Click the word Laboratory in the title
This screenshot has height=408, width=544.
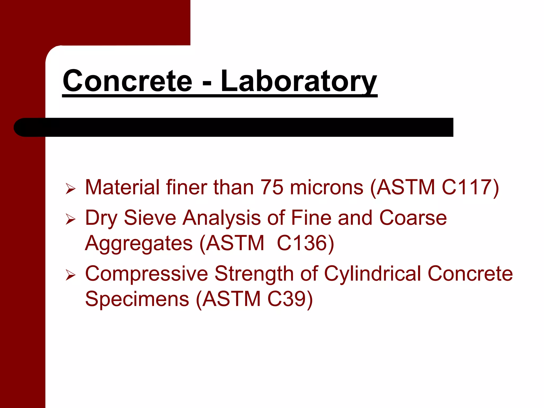coord(299,81)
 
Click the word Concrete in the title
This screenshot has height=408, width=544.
coord(127,81)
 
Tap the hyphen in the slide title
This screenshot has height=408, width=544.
coord(207,83)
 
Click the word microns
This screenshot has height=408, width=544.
coord(326,188)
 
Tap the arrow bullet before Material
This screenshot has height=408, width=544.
coord(70,189)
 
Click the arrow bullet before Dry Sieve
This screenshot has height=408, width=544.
coord(70,219)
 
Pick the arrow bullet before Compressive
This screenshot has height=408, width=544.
coord(70,275)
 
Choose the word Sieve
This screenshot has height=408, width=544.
coord(150,218)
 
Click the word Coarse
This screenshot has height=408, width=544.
coord(413,218)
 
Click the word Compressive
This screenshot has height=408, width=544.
coord(146,274)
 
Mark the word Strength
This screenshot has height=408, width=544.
coord(254,274)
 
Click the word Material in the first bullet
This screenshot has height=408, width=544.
coord(122,188)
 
